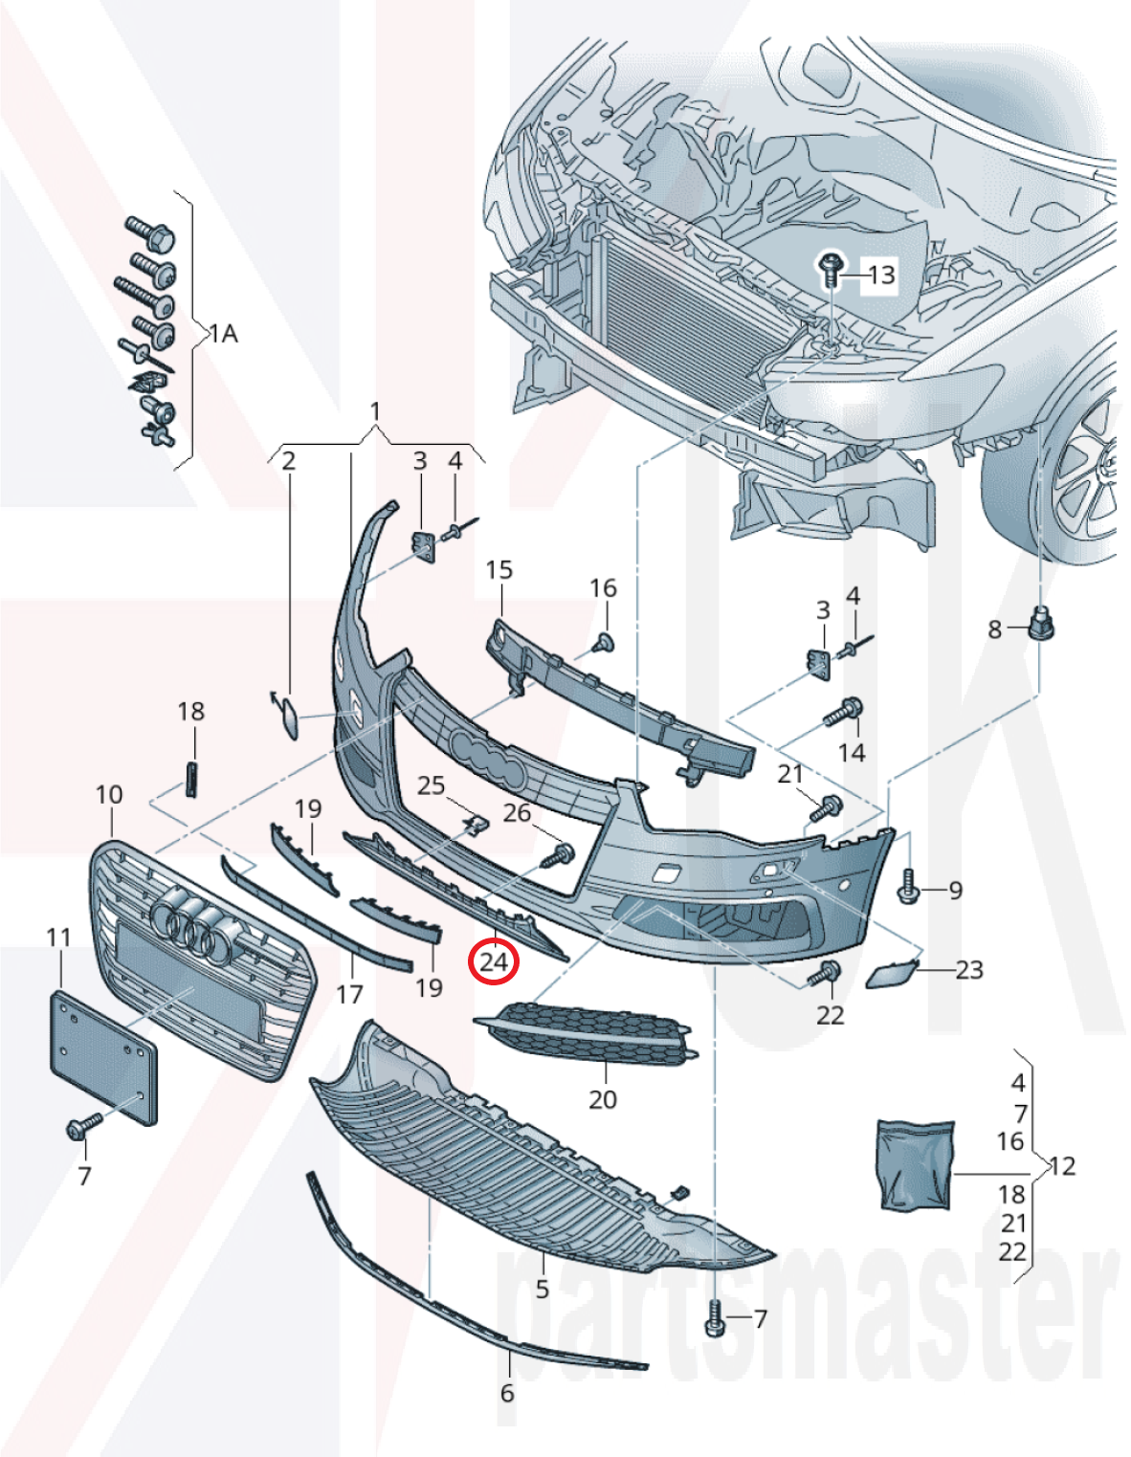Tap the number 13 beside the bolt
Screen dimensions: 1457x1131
pos(880,276)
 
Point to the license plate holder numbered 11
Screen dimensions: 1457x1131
pos(102,1057)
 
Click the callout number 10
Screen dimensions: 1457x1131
pos(109,795)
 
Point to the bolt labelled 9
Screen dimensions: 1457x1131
pos(909,887)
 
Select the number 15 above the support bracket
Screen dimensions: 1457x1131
pos(499,570)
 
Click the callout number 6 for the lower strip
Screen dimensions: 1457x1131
pos(506,1393)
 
